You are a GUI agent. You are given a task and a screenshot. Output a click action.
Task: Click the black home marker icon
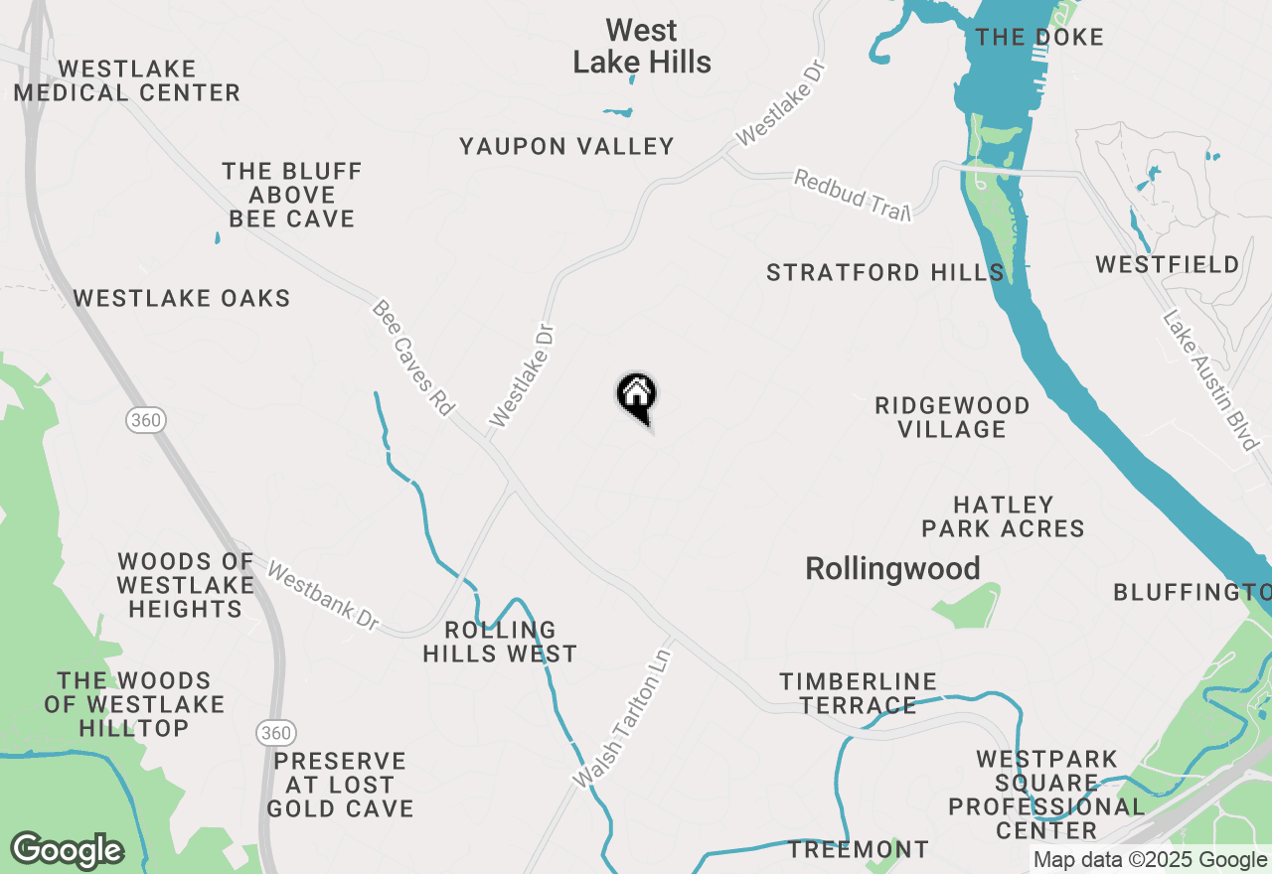point(636,395)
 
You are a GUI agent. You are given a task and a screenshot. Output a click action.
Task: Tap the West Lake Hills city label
point(642,47)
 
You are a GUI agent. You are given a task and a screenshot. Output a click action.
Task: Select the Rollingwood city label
point(892,569)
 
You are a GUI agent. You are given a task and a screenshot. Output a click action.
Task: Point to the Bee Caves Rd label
point(413,359)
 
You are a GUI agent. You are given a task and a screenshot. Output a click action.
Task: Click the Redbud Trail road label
point(852,196)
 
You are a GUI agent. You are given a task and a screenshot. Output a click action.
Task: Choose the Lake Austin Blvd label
point(1211,380)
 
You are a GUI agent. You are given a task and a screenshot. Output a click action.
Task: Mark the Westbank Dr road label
point(323,598)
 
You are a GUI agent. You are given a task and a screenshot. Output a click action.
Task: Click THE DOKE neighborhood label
point(1039,38)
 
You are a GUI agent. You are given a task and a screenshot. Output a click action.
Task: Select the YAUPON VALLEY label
point(566,147)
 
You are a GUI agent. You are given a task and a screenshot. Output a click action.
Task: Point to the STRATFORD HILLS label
point(884,272)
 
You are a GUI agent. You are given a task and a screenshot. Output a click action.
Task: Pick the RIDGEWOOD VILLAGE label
point(952,417)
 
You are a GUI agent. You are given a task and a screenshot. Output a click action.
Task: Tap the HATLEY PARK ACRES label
point(1003,516)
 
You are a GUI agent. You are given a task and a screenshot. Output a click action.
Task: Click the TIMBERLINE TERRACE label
point(858,693)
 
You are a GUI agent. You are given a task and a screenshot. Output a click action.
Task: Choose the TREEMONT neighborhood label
point(859,850)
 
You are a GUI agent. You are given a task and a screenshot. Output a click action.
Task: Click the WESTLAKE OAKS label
point(182,298)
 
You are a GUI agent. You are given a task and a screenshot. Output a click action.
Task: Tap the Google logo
point(67,851)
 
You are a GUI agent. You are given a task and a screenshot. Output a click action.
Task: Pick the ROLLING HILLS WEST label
point(500,642)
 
